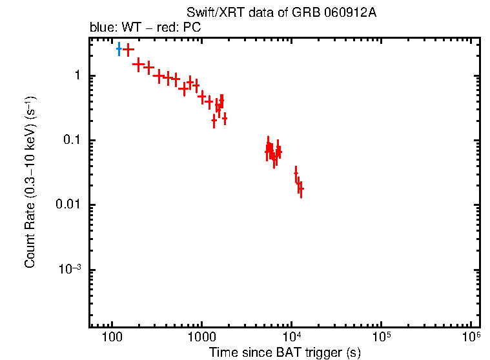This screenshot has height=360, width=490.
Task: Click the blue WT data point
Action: tap(119, 49)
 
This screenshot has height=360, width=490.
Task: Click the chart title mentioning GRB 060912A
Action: tap(281, 13)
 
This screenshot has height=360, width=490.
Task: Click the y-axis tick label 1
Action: tap(76, 76)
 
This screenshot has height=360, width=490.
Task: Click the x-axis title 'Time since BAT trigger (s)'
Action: tap(284, 353)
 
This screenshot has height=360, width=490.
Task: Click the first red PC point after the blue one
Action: tap(128, 49)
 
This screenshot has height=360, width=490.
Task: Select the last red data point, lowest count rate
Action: tap(301, 189)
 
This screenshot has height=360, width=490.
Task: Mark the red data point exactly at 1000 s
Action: tap(202, 97)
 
